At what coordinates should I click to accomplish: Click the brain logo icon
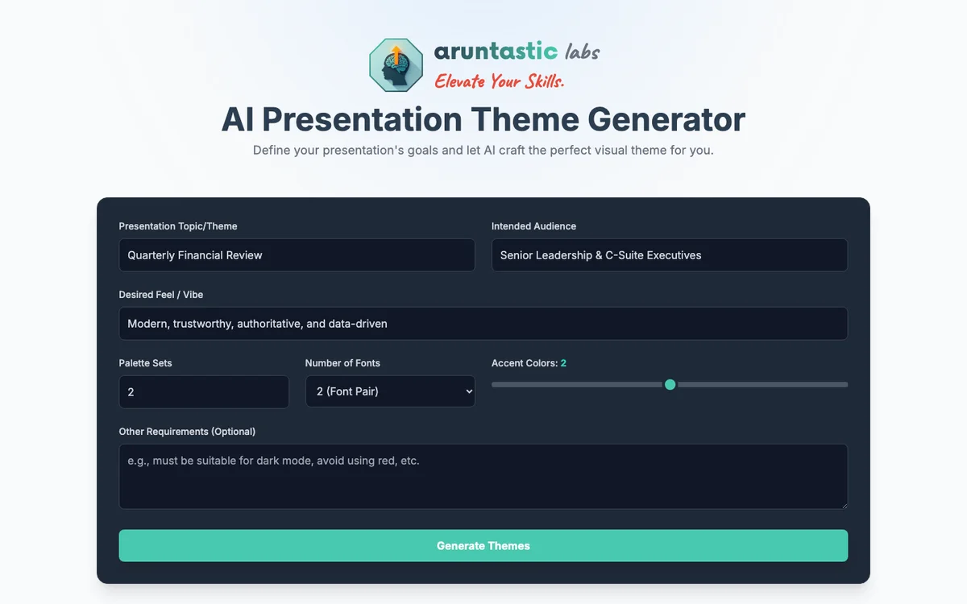coord(396,65)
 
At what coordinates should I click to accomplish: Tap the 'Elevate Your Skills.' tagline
coord(499,81)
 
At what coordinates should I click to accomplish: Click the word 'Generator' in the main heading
coord(666,119)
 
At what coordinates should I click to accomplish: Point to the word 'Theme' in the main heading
coord(525,119)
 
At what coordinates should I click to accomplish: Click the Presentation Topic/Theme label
coord(178,226)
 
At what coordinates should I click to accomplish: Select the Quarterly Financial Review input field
coord(297,255)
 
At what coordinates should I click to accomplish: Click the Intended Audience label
coord(533,226)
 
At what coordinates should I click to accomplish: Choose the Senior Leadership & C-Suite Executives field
coord(669,255)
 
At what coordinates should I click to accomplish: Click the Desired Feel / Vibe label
coord(161,295)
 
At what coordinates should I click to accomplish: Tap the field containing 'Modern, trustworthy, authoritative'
coord(483,324)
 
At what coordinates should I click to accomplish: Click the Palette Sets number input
coord(203,392)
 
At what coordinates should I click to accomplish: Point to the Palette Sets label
coord(145,363)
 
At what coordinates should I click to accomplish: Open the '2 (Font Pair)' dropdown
coord(390,392)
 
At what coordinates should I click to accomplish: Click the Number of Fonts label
coord(342,363)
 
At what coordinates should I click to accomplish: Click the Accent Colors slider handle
coord(670,385)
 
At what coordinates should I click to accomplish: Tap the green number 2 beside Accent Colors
coord(563,363)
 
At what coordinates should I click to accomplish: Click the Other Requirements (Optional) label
coord(187,432)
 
